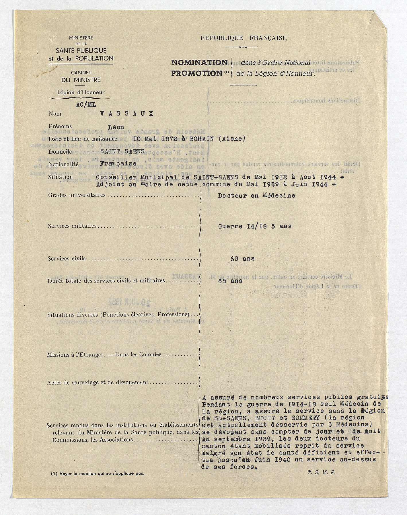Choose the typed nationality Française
pyautogui.click(x=118, y=163)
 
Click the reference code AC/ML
pyautogui.click(x=86, y=105)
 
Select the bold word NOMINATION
pyautogui.click(x=199, y=63)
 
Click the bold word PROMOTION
pyautogui.click(x=197, y=73)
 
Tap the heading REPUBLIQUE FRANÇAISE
pyautogui.click(x=243, y=38)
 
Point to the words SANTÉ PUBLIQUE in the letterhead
pyautogui.click(x=81, y=51)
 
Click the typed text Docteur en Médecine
pyautogui.click(x=256, y=196)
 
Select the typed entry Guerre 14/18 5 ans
pyautogui.click(x=255, y=226)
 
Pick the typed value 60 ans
pyautogui.click(x=242, y=259)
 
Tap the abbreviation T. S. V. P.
pyautogui.click(x=321, y=473)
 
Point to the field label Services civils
pyautogui.click(x=67, y=259)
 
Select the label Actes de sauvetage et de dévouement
pyautogui.click(x=98, y=382)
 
